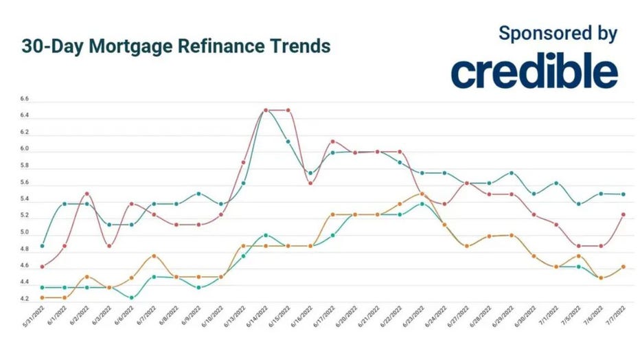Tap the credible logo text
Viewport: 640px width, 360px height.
tap(534, 73)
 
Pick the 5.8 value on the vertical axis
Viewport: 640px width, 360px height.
tap(25, 166)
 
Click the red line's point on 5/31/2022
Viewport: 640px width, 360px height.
tap(43, 267)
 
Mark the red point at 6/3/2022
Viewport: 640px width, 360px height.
tap(109, 246)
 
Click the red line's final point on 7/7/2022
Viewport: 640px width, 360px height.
tap(623, 214)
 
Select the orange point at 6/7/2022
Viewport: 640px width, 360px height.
tap(154, 256)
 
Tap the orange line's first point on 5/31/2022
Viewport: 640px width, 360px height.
tap(43, 297)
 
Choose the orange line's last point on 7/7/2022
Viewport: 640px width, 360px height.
tap(623, 267)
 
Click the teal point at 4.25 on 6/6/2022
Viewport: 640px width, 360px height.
tap(132, 297)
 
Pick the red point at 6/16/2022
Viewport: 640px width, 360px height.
tap(310, 183)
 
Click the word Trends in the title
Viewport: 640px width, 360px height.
tap(297, 47)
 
